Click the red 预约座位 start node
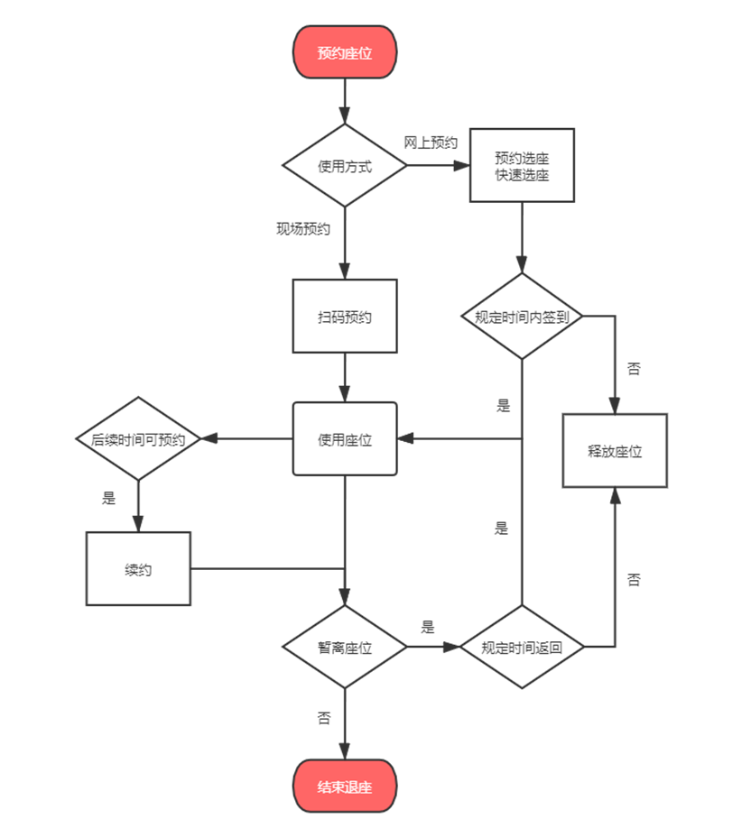345,52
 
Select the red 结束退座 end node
345,786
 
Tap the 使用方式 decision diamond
345,166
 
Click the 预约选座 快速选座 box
522,166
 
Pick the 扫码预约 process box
345,317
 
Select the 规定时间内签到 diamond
522,317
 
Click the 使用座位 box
345,440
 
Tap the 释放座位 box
615,451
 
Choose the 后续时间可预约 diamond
138,440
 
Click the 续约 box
138,569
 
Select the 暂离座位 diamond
345,647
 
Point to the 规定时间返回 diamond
522,647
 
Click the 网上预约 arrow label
431,143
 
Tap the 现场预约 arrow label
303,229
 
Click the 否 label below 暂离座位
324,719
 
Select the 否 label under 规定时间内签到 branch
634,369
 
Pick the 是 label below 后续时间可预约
109,498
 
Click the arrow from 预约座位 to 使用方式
345,101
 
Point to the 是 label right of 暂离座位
428,626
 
